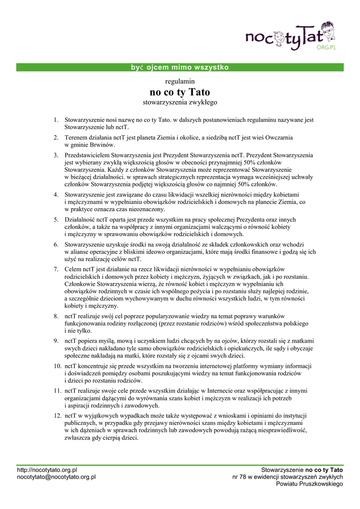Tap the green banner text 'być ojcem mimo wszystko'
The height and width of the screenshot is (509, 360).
177,67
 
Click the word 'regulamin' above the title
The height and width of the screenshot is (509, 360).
180,81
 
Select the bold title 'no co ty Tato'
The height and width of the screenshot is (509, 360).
180,92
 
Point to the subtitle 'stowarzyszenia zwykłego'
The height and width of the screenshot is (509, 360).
180,102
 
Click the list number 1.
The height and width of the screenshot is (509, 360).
56,120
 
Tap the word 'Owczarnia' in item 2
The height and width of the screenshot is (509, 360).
277,137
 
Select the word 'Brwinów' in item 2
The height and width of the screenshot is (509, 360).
102,145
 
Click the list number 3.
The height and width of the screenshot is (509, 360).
56,155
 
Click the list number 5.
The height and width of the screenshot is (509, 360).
56,219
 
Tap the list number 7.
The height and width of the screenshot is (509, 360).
56,269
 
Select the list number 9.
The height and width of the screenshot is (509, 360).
56,341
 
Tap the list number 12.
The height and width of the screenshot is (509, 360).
57,415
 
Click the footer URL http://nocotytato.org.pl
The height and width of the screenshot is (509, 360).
47,469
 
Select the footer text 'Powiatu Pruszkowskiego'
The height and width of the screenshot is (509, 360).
309,484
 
